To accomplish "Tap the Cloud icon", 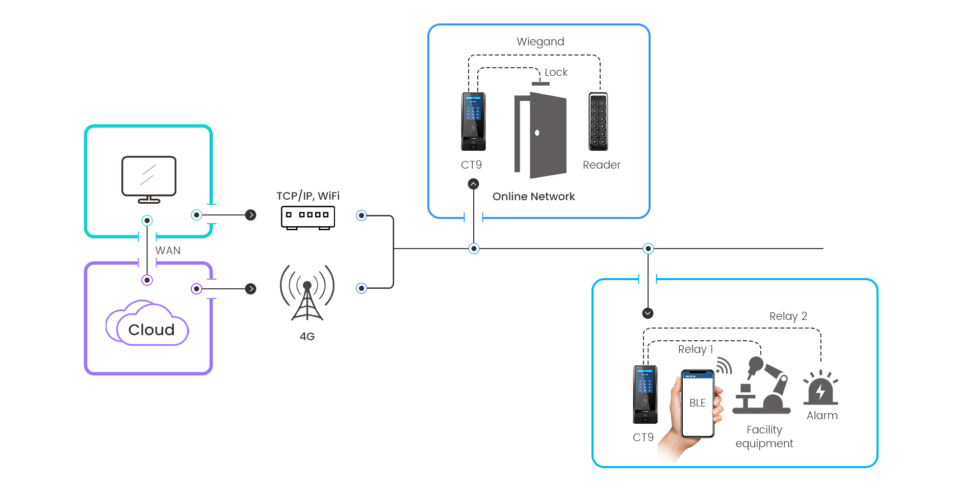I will pos(148,324).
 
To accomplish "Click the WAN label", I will pos(168,251).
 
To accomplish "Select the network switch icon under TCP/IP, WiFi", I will pos(307,218).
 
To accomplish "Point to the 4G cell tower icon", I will pos(307,292).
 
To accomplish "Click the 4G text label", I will pos(307,337).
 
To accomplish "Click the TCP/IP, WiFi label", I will pos(308,196).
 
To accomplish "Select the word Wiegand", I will pos(540,42).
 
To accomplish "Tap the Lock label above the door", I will pos(556,72).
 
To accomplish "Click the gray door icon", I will pos(541,135).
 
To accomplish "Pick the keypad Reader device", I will pos(598,121).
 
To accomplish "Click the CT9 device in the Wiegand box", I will pos(473,121).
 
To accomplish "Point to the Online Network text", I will pos(533,197).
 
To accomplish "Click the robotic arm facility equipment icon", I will pos(762,385).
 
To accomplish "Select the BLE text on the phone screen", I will pos(697,403).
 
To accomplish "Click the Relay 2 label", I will pos(788,316).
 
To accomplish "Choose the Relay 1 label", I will pos(695,349).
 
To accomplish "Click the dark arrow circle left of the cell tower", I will pos(250,289).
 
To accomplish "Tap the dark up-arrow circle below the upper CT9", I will pos(474,184).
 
